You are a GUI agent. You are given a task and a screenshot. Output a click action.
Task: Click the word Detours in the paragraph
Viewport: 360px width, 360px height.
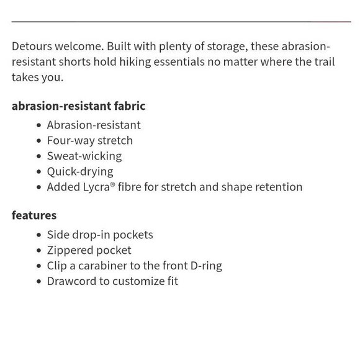(x=32, y=47)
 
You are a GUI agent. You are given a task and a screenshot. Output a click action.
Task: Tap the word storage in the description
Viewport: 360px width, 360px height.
(x=224, y=47)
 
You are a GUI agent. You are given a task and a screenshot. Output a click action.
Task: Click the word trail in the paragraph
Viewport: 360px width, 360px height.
(x=320, y=62)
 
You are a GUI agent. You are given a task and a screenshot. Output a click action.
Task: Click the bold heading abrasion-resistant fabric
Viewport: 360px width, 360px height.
(x=78, y=106)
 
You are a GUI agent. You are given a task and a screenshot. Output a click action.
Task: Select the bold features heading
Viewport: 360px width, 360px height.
(x=34, y=215)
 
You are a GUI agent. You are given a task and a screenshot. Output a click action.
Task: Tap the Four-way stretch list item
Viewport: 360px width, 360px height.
(x=90, y=141)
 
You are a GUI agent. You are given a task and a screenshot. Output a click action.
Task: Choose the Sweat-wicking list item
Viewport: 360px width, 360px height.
(x=84, y=156)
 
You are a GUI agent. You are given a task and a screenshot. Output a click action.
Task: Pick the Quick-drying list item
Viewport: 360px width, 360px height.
(x=80, y=172)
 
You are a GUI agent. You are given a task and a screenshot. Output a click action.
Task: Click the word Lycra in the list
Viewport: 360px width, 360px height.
(x=96, y=187)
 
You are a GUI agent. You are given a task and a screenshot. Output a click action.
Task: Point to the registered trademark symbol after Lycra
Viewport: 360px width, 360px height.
(x=113, y=184)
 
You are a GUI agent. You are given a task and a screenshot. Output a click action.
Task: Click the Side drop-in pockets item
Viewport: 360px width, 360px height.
(x=100, y=235)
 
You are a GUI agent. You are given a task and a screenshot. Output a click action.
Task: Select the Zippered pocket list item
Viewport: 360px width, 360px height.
(x=89, y=250)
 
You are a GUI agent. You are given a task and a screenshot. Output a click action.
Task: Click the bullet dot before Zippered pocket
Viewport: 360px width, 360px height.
(x=39, y=251)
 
